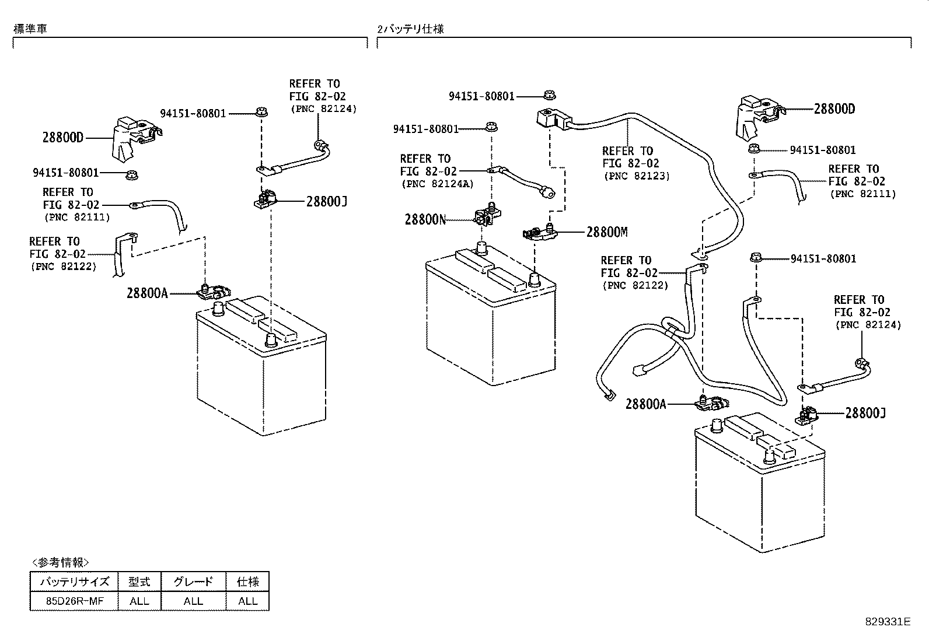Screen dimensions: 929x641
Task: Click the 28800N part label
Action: tap(425, 219)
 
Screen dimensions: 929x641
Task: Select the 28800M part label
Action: tap(607, 232)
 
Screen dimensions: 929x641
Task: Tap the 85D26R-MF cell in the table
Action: tap(75, 601)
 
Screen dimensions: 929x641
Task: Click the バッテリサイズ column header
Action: tap(75, 582)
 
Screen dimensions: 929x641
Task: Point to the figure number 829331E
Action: tap(888, 622)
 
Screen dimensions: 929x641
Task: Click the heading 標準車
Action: tap(30, 29)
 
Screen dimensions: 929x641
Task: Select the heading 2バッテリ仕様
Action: tap(411, 29)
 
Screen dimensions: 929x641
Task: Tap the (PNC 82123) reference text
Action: tap(637, 176)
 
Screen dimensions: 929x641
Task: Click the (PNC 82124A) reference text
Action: tap(438, 184)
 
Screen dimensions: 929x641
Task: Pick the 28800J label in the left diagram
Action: tap(326, 201)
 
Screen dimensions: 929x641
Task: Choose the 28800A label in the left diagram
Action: tap(147, 293)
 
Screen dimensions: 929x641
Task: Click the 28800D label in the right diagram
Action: tap(834, 108)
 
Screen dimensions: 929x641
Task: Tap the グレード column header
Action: tap(193, 582)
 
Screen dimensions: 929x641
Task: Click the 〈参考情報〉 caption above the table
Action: tap(61, 562)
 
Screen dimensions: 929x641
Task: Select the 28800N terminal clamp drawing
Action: tap(488, 213)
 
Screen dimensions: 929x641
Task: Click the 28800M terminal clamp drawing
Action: tap(540, 232)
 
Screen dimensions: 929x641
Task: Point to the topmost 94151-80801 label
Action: tap(481, 96)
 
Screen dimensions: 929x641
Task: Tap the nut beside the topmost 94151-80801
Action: tap(550, 95)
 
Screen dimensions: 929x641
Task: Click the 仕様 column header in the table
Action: tap(247, 582)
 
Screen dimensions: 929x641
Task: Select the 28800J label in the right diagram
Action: tap(865, 413)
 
